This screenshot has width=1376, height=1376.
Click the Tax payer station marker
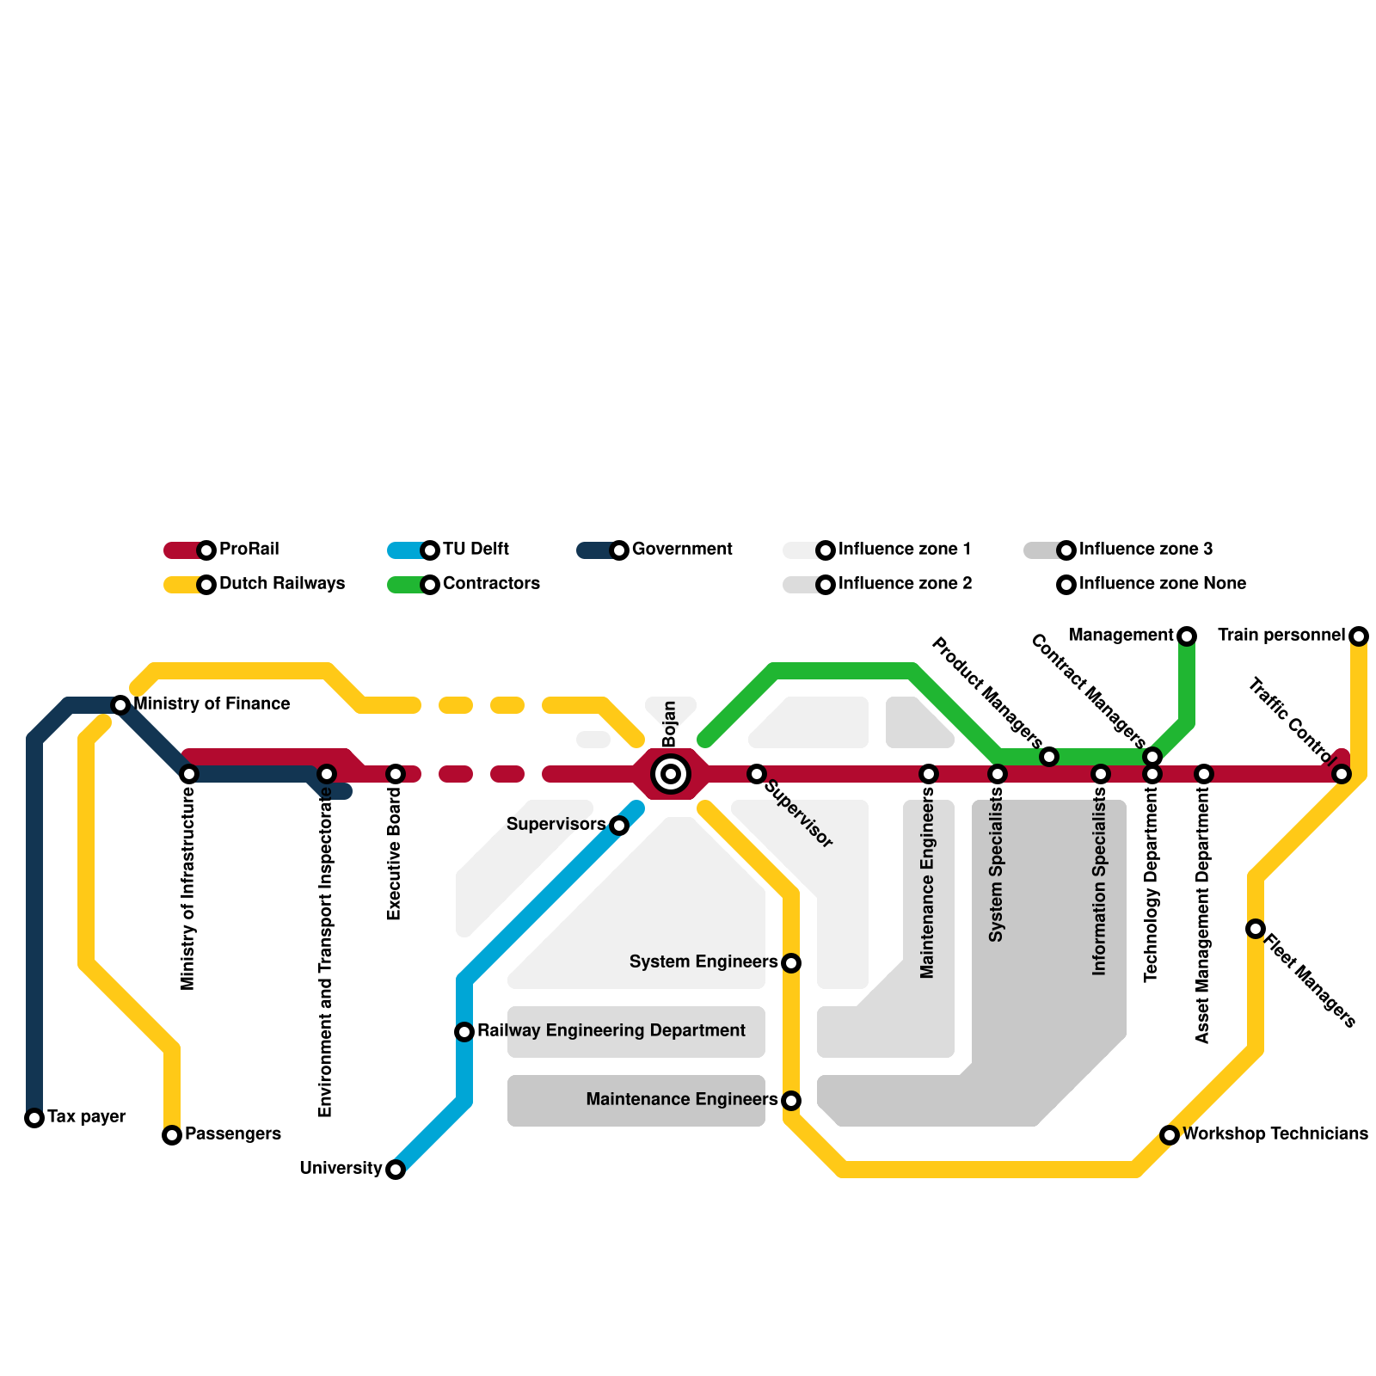(x=34, y=1118)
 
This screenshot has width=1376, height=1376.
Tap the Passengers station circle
(x=172, y=1135)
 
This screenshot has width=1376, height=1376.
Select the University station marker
(x=396, y=1170)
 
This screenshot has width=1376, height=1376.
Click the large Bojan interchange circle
(x=671, y=774)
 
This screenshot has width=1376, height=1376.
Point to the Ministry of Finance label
(x=212, y=704)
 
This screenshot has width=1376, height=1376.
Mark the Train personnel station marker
(x=1359, y=636)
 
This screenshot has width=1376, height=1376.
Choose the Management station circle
(x=1187, y=636)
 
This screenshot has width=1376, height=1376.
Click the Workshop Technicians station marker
(x=1170, y=1135)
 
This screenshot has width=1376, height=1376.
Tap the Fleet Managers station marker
(x=1256, y=929)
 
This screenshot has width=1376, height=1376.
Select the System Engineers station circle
(x=791, y=963)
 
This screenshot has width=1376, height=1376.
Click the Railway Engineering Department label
(x=611, y=1031)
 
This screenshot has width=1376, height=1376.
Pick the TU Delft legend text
(x=476, y=550)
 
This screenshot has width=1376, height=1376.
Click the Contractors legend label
(x=491, y=584)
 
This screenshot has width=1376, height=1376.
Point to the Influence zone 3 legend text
(x=1146, y=550)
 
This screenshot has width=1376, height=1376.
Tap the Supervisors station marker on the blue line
(x=619, y=826)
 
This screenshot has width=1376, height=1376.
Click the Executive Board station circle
(x=396, y=774)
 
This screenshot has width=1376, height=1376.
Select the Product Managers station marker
(x=1049, y=757)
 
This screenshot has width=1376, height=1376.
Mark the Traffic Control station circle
(x=1342, y=774)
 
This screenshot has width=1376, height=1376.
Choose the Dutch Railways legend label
(x=282, y=584)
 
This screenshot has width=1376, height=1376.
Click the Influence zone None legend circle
(x=1066, y=585)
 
